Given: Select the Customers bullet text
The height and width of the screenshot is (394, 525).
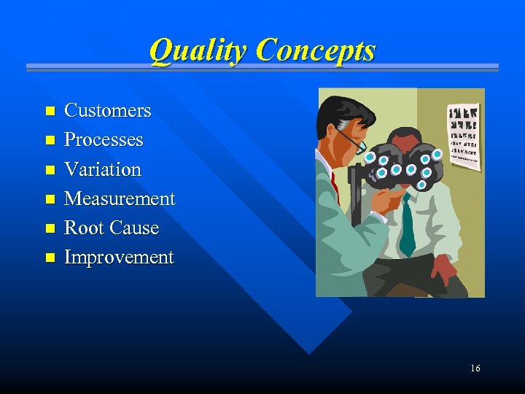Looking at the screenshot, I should [107, 111].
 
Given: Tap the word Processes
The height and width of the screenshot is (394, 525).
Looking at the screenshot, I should [104, 140].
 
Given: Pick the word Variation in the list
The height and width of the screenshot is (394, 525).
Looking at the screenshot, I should [103, 169].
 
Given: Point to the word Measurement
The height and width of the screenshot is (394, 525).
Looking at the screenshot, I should [120, 198].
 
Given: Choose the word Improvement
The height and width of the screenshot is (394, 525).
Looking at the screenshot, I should [119, 258].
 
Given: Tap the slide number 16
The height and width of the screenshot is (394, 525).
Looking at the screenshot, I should [475, 368].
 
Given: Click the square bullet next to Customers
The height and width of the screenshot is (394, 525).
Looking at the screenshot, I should [50, 112].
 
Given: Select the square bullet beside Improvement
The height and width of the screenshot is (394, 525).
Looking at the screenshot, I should [50, 258].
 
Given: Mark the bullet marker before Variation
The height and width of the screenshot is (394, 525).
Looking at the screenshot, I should [50, 170].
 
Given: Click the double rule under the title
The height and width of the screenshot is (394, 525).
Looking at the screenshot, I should [262, 67].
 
